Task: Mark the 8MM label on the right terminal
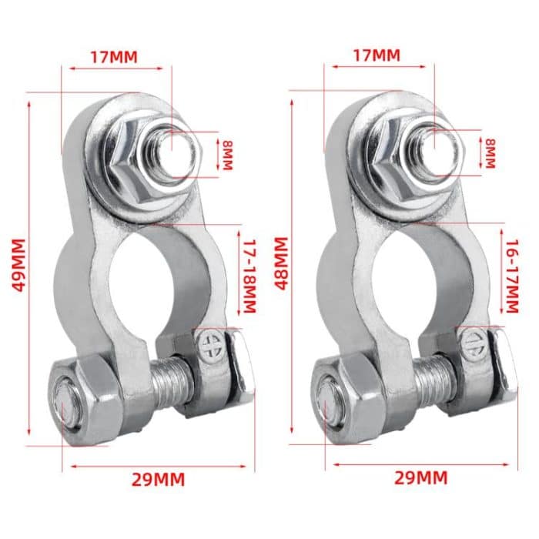click(490, 155)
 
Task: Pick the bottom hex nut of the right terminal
click(339, 400)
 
